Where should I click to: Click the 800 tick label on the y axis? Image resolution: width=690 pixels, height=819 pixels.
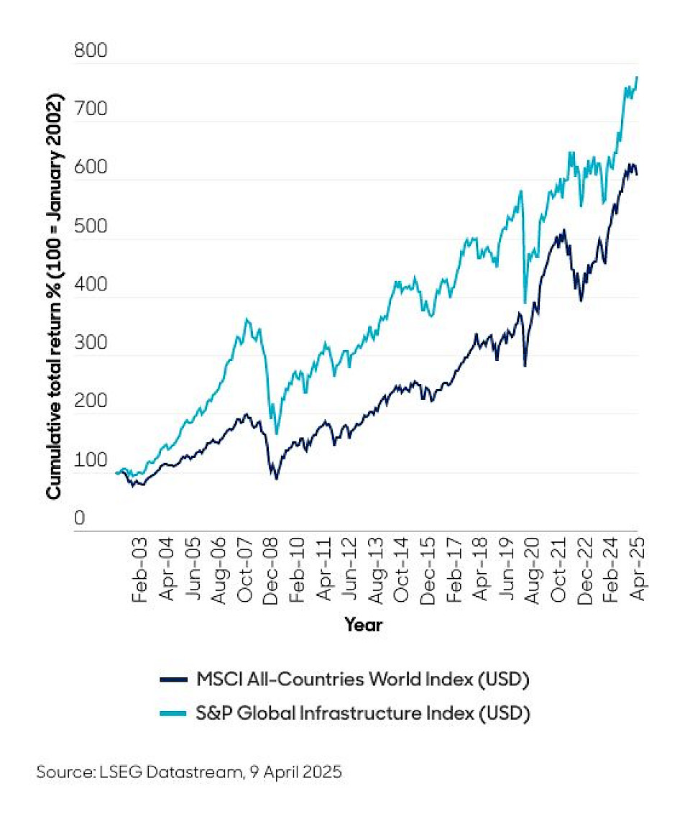click(90, 52)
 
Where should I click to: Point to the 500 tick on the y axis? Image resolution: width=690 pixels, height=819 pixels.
click(90, 227)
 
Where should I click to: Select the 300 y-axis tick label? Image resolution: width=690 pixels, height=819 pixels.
click(90, 344)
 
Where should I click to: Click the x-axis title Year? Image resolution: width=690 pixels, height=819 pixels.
click(363, 625)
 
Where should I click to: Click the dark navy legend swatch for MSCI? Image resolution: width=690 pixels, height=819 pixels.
click(172, 679)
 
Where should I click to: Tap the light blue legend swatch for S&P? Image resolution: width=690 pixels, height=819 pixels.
click(172, 714)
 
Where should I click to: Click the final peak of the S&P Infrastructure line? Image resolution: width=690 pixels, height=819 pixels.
click(638, 77)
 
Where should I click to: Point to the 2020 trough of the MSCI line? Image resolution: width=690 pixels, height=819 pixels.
click(525, 366)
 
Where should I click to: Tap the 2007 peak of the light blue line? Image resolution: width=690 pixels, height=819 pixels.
click(247, 319)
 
